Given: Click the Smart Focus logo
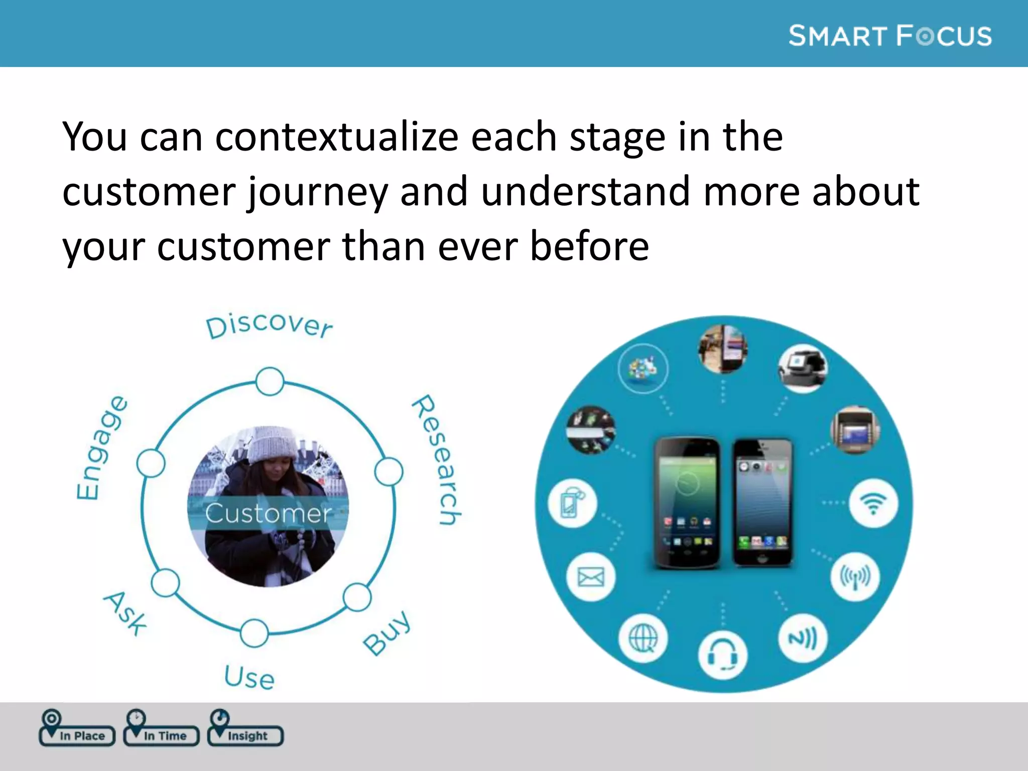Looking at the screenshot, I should tap(889, 36).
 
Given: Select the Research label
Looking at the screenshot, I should tap(436, 459).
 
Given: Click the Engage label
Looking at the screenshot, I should tap(101, 448).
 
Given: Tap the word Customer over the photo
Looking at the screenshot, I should tap(268, 513).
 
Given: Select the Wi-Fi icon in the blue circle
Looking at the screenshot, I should tap(873, 503).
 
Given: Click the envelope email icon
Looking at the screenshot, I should tap(591, 577).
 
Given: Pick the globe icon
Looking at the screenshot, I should tap(643, 639).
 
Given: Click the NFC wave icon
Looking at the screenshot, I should tap(803, 638).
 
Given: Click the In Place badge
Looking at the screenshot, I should tap(77, 734).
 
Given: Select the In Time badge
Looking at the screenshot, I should tap(162, 734).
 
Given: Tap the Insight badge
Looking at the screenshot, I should tap(246, 734).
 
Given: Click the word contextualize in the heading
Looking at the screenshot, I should tap(336, 137).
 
